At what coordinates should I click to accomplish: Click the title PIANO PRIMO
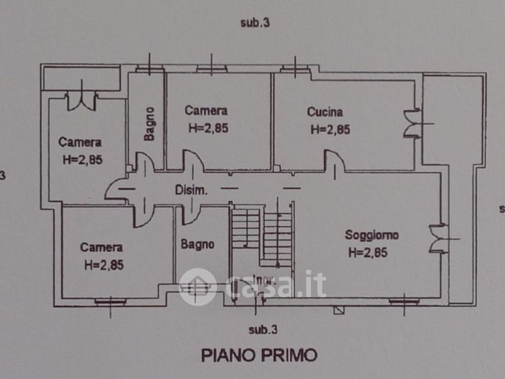[x=259, y=355]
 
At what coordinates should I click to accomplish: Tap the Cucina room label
[x=325, y=112]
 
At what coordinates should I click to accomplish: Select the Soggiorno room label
[x=371, y=236]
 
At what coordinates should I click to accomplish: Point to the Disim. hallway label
[x=191, y=190]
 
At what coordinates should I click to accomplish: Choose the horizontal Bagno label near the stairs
[x=198, y=244]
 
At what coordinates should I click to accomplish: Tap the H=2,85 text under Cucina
[x=330, y=130]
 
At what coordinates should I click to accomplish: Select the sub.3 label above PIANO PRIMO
[x=263, y=329]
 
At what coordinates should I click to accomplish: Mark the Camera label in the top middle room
[x=203, y=111]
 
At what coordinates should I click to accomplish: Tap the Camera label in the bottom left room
[x=101, y=248]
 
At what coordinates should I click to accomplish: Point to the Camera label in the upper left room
[x=80, y=142]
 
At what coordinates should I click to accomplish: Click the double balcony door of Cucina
[x=412, y=123]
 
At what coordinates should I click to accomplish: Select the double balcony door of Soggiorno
[x=436, y=239]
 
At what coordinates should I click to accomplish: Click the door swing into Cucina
[x=333, y=160]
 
